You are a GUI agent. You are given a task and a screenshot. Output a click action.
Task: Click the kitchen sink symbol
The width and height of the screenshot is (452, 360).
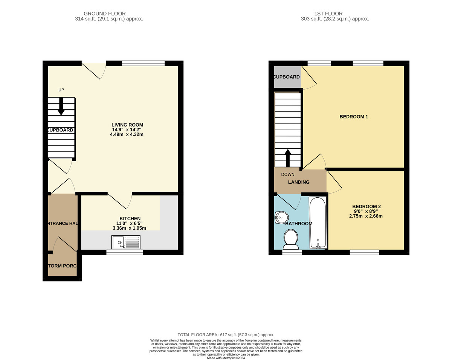126,242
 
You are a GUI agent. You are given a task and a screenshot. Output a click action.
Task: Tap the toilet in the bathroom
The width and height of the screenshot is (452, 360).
290,240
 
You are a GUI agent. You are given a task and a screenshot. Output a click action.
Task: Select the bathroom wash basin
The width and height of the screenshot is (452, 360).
281,217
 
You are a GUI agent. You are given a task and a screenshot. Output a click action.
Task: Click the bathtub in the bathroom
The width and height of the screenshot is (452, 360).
318,223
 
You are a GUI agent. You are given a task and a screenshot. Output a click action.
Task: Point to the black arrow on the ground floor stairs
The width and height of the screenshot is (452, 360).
61,107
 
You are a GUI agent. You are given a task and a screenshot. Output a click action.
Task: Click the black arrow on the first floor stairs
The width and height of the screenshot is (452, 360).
288,157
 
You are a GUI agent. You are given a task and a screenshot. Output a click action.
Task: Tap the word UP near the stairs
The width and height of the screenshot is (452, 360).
61,90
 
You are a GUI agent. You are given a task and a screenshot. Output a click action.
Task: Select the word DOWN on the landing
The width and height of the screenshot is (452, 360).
288,174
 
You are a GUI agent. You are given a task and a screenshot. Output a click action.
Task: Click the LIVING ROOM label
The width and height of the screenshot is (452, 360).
127,125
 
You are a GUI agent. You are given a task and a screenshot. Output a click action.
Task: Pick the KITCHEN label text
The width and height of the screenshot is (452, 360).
130,218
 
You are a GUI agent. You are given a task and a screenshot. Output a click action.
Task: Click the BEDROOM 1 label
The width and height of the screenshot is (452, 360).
354,117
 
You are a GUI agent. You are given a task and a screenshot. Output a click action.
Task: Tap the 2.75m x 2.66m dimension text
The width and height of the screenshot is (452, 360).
366,216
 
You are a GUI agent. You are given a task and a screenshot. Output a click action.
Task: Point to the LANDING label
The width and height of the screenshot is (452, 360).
299,182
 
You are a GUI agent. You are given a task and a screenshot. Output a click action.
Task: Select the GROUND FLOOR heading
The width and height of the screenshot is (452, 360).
104,14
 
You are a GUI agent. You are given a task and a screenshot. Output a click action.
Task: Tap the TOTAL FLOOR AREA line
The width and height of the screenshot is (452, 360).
226,334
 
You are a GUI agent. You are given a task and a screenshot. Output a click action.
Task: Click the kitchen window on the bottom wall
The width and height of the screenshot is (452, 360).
125,252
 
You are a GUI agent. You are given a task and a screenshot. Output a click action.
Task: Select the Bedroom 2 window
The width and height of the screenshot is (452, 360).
364,252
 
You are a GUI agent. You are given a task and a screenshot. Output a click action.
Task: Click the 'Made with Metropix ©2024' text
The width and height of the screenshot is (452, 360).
226,358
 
